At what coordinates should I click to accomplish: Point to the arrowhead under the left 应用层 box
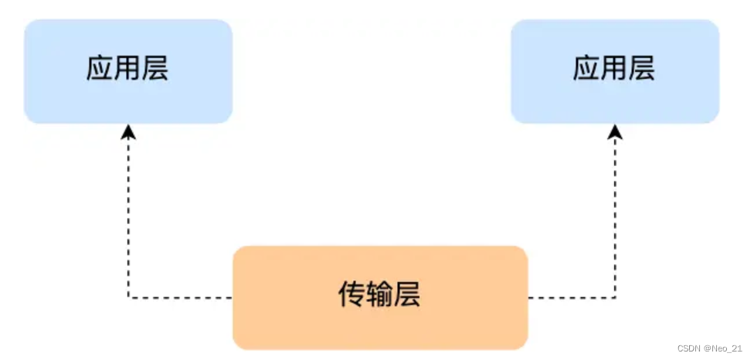click(129, 134)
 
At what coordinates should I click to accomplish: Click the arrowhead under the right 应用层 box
click(616, 134)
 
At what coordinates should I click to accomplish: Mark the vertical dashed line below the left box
click(129, 216)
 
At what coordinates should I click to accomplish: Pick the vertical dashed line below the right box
click(616, 216)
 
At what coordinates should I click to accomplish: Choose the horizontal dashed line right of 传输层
click(572, 297)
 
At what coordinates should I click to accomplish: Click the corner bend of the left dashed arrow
click(129, 297)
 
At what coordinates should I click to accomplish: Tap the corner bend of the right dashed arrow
click(616, 297)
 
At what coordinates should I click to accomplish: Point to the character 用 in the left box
click(127, 70)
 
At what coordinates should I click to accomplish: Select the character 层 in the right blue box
click(641, 70)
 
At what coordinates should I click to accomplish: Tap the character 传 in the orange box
click(352, 294)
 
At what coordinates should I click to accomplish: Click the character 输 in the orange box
click(379, 294)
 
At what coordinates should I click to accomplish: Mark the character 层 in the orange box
click(407, 294)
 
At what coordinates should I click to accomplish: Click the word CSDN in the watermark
click(688, 348)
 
